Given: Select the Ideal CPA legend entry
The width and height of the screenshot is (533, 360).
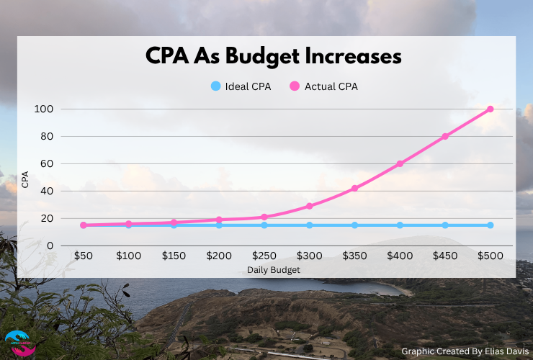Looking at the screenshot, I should (x=241, y=86).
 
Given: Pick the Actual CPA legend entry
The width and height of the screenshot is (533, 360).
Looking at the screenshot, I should (x=324, y=86).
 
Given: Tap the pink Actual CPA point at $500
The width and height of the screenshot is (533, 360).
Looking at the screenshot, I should (x=491, y=109).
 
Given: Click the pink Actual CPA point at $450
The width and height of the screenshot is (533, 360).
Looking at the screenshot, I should (x=445, y=136).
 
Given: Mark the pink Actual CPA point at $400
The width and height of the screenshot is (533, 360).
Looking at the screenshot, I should (x=400, y=163).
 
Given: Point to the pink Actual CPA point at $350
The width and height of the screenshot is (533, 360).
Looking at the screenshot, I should (x=354, y=188).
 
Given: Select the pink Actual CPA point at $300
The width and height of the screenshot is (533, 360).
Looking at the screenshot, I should (x=310, y=206).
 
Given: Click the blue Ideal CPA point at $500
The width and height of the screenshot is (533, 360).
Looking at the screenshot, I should (x=491, y=225).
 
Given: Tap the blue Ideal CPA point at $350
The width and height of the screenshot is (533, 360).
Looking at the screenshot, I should (x=354, y=225).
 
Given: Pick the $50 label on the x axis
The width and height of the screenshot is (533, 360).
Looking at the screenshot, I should (x=84, y=256).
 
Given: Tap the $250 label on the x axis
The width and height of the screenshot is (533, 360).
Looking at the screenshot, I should (x=264, y=256).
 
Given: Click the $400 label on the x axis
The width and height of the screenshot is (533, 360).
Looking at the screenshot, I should (x=400, y=256).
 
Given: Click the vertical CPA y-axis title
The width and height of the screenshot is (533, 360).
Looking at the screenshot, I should (x=26, y=179).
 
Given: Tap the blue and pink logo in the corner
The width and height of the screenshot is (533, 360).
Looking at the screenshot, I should (x=19, y=343).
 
